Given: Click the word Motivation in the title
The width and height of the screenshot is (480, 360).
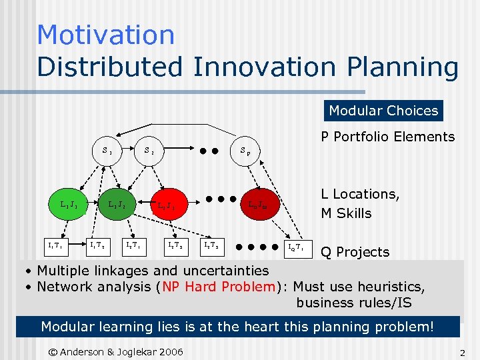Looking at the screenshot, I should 105,35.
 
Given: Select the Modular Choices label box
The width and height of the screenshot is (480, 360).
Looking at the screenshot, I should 383,111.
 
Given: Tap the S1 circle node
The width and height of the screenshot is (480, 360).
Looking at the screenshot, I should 107,151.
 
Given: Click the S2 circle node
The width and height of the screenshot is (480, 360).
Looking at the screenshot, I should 149,151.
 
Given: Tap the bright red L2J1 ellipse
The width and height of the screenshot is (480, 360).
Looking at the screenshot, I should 167,206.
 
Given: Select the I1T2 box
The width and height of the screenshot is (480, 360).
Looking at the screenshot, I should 97,246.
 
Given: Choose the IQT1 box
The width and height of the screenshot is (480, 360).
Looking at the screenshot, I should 293,247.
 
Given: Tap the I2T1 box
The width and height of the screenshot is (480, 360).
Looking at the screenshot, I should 134,246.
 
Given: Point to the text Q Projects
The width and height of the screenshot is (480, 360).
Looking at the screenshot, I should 355,252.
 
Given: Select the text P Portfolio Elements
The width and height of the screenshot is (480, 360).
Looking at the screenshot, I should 387,137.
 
